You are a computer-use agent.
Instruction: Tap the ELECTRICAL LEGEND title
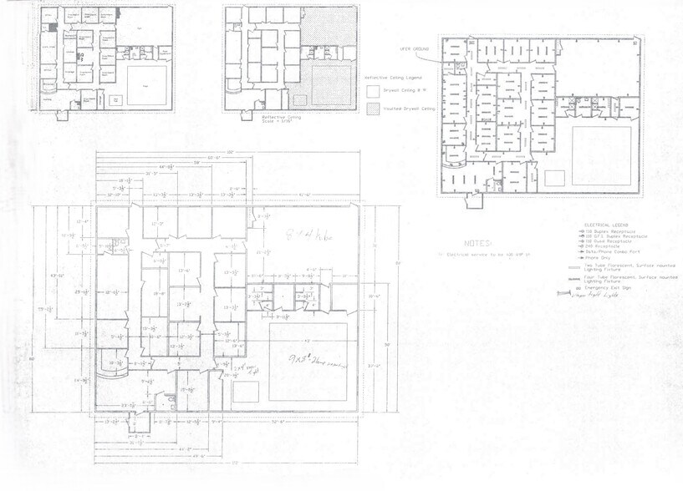(606, 226)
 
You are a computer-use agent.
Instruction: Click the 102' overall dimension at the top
(227, 150)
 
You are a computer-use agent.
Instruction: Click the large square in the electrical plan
(600, 154)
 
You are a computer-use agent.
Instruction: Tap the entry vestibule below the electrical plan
(474, 200)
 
